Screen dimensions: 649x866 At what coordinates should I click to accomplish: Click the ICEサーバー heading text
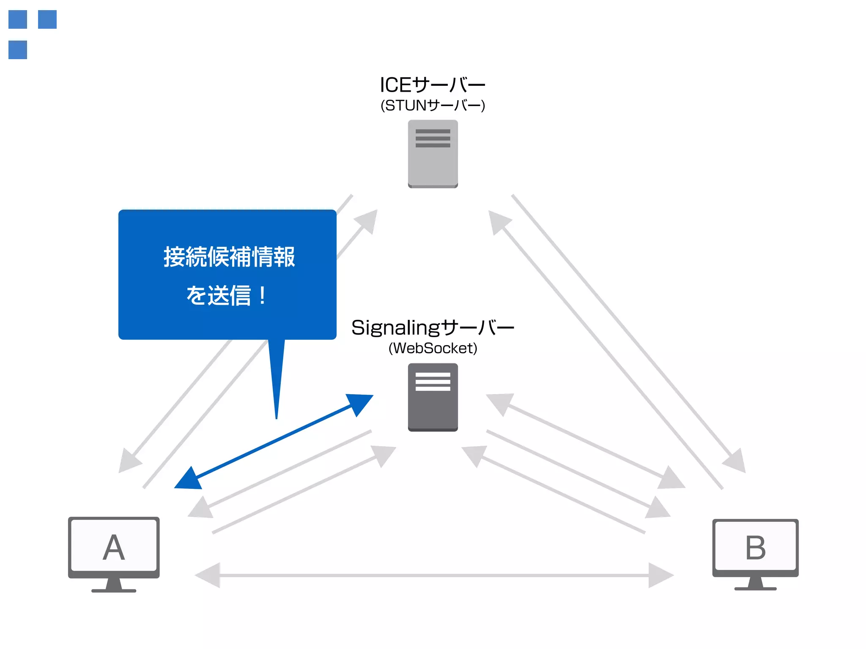[432, 85]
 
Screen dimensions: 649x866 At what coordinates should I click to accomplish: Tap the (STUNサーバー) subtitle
[433, 105]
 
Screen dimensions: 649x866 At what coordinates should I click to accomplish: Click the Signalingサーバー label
[433, 327]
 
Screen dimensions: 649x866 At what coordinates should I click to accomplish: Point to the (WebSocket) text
[433, 348]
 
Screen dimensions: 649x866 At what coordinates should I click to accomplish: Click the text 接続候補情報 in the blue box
[229, 256]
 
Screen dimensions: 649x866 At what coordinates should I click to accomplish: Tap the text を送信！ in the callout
[227, 295]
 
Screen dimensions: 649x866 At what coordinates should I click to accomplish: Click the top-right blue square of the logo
[47, 19]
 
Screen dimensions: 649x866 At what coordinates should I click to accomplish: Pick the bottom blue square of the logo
[18, 50]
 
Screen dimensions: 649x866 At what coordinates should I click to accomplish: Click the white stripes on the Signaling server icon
[433, 382]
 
